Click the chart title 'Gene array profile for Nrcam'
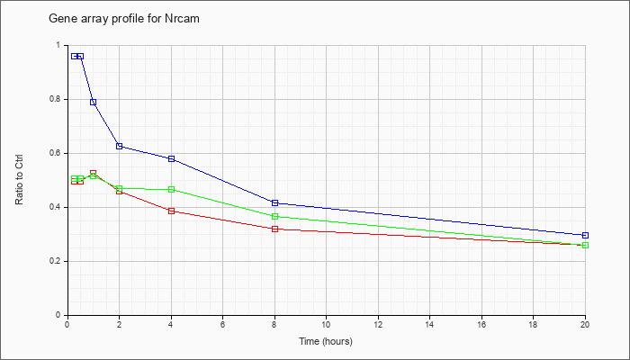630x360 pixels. pyautogui.click(x=124, y=19)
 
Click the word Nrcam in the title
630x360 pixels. pyautogui.click(x=182, y=19)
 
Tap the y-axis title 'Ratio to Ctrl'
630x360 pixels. pyautogui.click(x=19, y=180)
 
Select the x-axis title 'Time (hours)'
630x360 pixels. pyautogui.click(x=326, y=341)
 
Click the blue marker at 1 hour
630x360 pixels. pyautogui.click(x=94, y=102)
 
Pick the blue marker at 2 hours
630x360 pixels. pyautogui.click(x=120, y=146)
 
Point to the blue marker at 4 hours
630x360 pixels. pyautogui.click(x=172, y=158)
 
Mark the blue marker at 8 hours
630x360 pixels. pyautogui.click(x=274, y=202)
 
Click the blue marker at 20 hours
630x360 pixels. pyautogui.click(x=585, y=235)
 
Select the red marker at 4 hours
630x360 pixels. pyautogui.click(x=172, y=211)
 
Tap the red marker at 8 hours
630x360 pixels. pyautogui.click(x=274, y=229)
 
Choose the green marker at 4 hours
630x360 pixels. pyautogui.click(x=172, y=189)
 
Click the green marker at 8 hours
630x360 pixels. pyautogui.click(x=274, y=217)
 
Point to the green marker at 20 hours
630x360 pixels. pyautogui.click(x=585, y=245)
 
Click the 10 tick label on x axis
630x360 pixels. pyautogui.click(x=326, y=324)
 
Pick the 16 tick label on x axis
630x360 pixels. pyautogui.click(x=481, y=324)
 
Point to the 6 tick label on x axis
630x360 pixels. pyautogui.click(x=222, y=324)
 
